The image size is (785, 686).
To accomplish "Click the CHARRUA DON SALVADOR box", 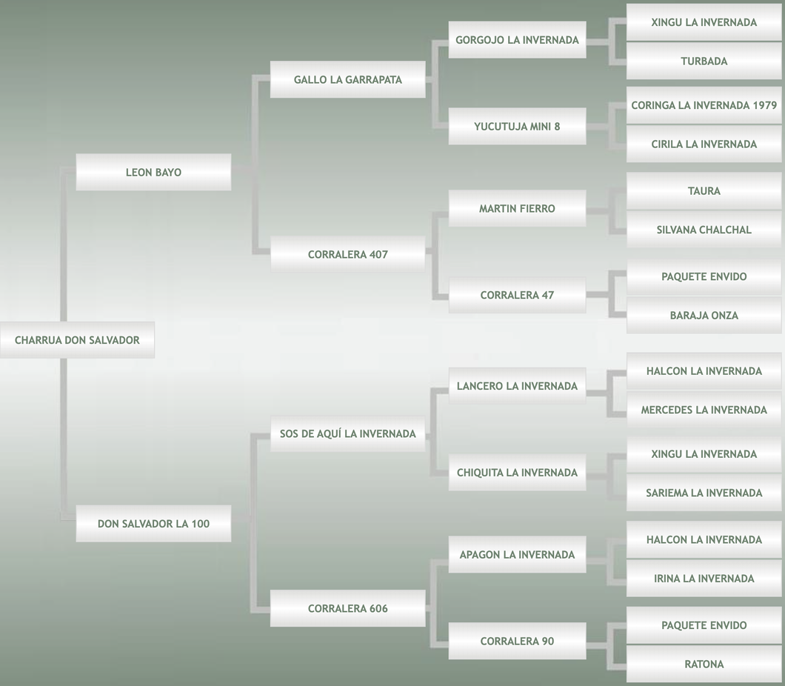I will click(x=77, y=340).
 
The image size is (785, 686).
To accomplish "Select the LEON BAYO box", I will click(x=153, y=172).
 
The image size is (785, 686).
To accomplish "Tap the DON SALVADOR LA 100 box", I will click(x=153, y=523).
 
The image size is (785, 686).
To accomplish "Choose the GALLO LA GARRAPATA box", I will click(x=347, y=79).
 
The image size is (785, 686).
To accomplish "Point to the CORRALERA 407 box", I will click(x=347, y=254).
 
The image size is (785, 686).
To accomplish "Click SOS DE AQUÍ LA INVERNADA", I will click(x=347, y=433).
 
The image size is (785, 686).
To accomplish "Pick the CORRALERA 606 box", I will click(x=347, y=608).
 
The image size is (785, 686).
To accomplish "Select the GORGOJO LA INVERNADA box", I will click(x=517, y=40).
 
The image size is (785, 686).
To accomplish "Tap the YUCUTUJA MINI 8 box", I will click(x=517, y=126).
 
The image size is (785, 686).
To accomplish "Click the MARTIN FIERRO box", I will click(x=517, y=208).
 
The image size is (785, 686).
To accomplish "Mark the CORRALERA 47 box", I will click(x=517, y=295).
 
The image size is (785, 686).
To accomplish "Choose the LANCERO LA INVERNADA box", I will click(x=517, y=386).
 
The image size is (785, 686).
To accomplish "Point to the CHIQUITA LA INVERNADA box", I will click(x=517, y=472).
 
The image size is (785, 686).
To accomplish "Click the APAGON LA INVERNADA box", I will click(x=517, y=554).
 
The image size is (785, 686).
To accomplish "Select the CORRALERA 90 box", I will click(x=517, y=641).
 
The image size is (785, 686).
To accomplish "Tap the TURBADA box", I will click(x=704, y=61).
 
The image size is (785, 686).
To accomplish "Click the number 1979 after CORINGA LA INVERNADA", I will click(x=764, y=105).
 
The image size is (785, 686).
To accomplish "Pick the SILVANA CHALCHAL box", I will click(x=704, y=230).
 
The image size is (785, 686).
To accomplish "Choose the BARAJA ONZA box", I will click(x=704, y=315).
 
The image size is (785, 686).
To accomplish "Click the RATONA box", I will click(x=704, y=664).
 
